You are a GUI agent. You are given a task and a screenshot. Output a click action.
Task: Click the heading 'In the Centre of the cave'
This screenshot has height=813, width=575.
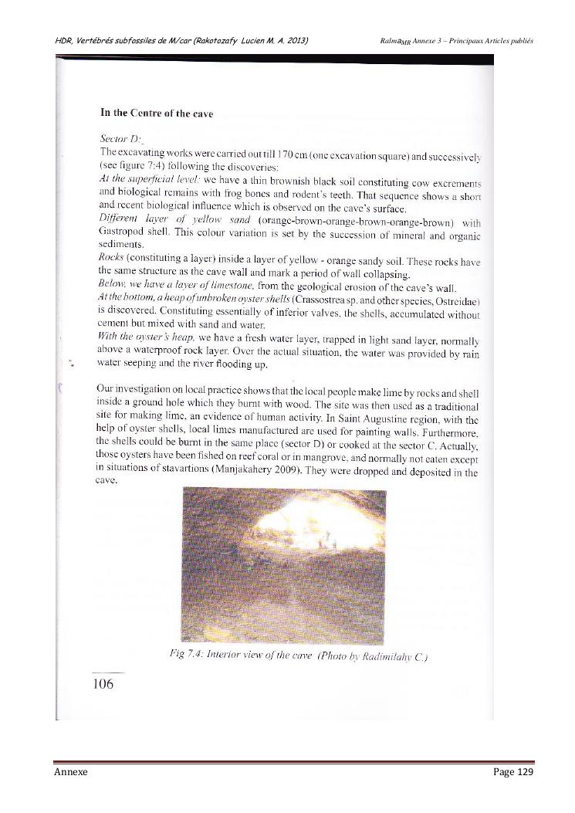tap(157, 114)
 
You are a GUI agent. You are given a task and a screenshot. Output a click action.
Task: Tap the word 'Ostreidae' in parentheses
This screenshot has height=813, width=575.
tap(455, 299)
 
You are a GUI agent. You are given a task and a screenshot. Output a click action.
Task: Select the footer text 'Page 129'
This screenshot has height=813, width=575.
tap(513, 771)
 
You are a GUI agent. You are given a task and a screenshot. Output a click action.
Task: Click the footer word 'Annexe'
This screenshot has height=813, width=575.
tap(71, 771)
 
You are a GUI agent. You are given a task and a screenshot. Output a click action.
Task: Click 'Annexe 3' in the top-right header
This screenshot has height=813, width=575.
tap(433, 40)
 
